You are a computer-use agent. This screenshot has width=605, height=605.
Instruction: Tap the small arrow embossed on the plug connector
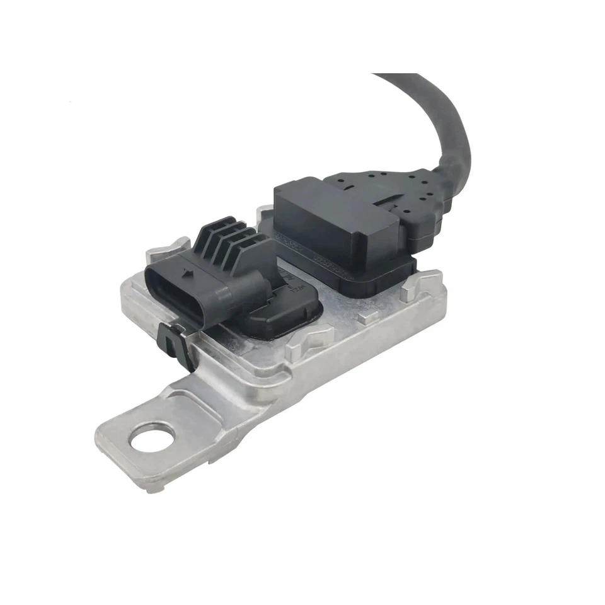tap(187, 274)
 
